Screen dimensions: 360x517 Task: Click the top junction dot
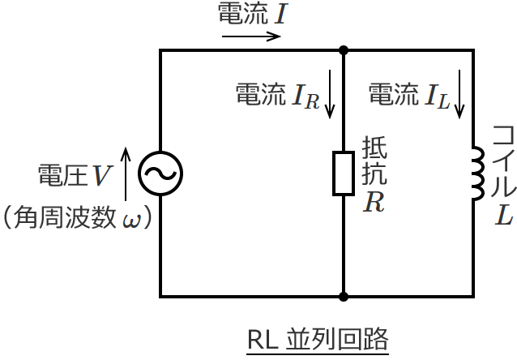coord(344,49)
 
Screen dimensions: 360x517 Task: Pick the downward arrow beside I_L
coord(460,98)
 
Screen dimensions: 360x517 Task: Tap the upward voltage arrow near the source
coord(125,173)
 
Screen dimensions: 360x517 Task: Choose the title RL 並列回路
coord(318,337)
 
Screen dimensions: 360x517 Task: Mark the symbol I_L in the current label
coord(437,96)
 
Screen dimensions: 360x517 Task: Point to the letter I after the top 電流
coord(279,14)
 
